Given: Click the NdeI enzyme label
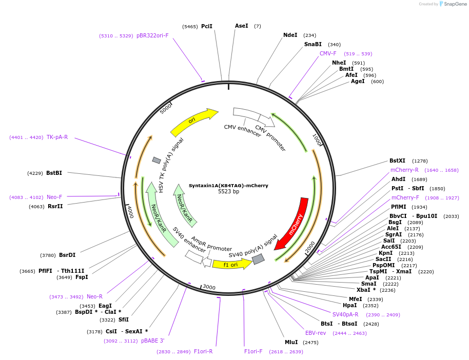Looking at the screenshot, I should (x=290, y=35).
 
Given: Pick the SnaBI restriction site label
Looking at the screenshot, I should (x=312, y=45).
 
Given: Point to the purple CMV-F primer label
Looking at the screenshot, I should (x=328, y=54).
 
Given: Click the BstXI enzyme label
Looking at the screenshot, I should (x=397, y=161).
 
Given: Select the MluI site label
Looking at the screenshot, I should (x=291, y=342).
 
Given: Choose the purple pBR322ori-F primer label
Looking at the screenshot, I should (x=152, y=36).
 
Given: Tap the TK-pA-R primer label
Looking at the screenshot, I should (x=57, y=137).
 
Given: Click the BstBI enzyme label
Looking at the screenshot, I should (x=54, y=173).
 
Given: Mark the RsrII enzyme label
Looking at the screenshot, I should (x=55, y=207).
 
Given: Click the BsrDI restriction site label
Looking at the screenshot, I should (x=67, y=255).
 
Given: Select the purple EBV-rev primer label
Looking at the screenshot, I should (x=316, y=333).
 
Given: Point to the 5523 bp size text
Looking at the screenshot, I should (x=228, y=192).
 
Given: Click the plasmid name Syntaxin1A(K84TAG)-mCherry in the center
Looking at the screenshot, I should (x=228, y=186).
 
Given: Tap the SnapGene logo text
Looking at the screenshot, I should (x=456, y=4).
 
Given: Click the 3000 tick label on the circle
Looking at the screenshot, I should (x=209, y=287).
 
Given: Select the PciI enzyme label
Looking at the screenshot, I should (x=206, y=26).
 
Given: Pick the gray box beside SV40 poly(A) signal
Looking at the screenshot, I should (x=259, y=259).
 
